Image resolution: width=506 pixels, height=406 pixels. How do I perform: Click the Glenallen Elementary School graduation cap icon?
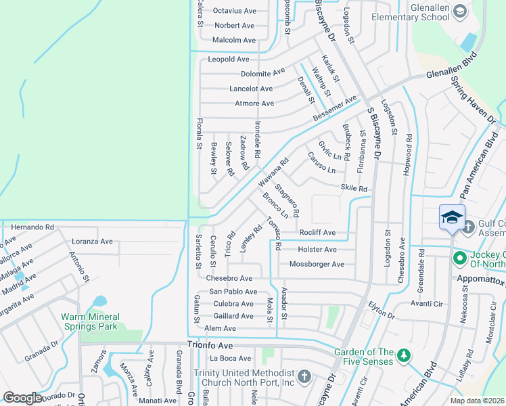tap(460, 12)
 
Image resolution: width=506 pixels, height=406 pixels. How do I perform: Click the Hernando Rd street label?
tap(32, 227)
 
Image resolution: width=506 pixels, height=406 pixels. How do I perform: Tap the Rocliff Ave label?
tap(317, 233)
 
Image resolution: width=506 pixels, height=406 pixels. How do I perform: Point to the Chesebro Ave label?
tap(229, 278)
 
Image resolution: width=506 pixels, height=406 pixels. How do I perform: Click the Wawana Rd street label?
tap(273, 173)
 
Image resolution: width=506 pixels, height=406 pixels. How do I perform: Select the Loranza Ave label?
tap(93, 241)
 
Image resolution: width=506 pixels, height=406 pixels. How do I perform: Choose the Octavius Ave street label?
tap(235, 11)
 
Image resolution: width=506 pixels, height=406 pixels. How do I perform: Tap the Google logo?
tap(23, 398)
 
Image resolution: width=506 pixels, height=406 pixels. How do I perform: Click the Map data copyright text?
tap(477, 401)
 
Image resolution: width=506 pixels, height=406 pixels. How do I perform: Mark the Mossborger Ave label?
tap(317, 264)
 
